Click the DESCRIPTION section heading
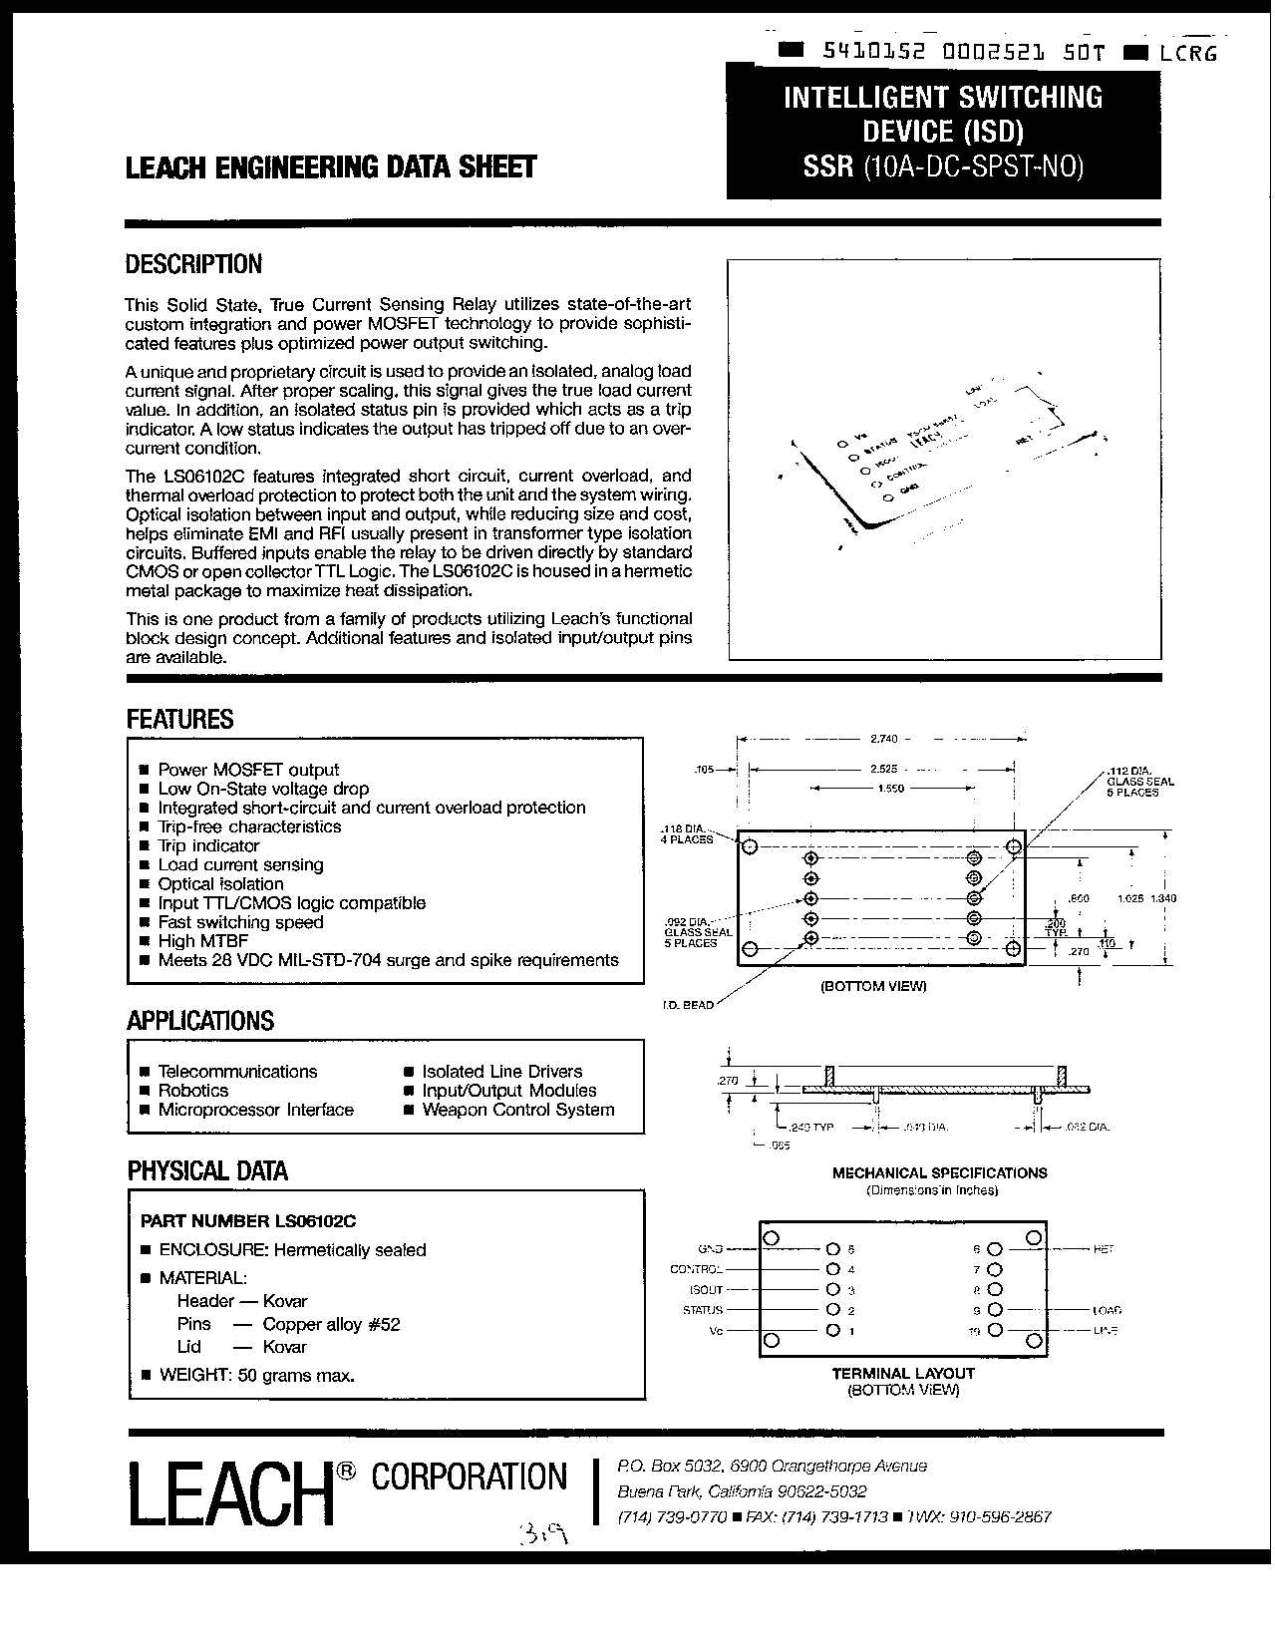point(193,264)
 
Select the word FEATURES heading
point(179,719)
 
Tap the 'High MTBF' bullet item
point(202,941)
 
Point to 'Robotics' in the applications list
point(193,1091)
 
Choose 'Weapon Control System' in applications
point(517,1110)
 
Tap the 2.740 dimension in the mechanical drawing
point(883,739)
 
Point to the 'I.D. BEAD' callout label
point(688,1005)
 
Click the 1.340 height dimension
point(1163,898)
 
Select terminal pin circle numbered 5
point(833,1249)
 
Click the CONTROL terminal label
point(696,1270)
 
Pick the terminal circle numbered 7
point(994,1270)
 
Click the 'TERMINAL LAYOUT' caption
point(903,1373)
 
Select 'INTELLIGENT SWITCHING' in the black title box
point(943,98)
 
